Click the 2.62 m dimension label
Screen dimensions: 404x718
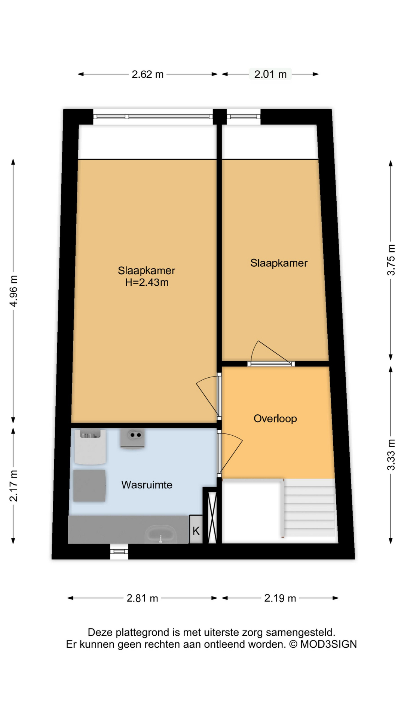pos(147,74)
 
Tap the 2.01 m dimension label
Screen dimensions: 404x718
pos(270,74)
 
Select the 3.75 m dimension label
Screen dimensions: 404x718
pos(391,260)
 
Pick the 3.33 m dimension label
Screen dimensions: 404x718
pos(391,455)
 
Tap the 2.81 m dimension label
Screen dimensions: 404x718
pos(143,598)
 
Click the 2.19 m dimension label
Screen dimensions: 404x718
pos(280,598)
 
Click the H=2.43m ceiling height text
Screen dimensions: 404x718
pos(147,282)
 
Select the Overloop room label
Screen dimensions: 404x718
pos(275,418)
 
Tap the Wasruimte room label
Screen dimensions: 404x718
pos(147,485)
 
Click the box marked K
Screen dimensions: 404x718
pos(196,530)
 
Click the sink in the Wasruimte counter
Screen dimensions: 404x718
pos(161,534)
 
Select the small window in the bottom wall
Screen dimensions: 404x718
pos(119,551)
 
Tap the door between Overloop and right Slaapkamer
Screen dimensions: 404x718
pos(271,363)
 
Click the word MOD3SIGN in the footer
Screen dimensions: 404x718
pos(328,644)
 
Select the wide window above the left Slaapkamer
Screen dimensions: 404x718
pos(153,117)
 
